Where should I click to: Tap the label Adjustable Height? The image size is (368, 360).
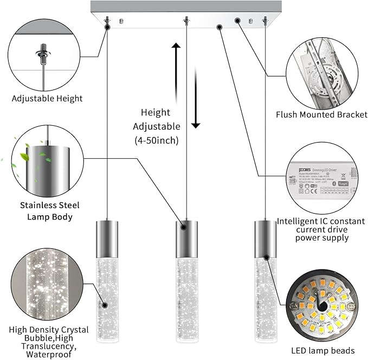[48, 99]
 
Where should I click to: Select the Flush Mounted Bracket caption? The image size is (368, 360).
[322, 114]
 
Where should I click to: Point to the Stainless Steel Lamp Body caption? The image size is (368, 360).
[50, 211]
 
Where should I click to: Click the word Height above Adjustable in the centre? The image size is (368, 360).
[156, 113]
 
